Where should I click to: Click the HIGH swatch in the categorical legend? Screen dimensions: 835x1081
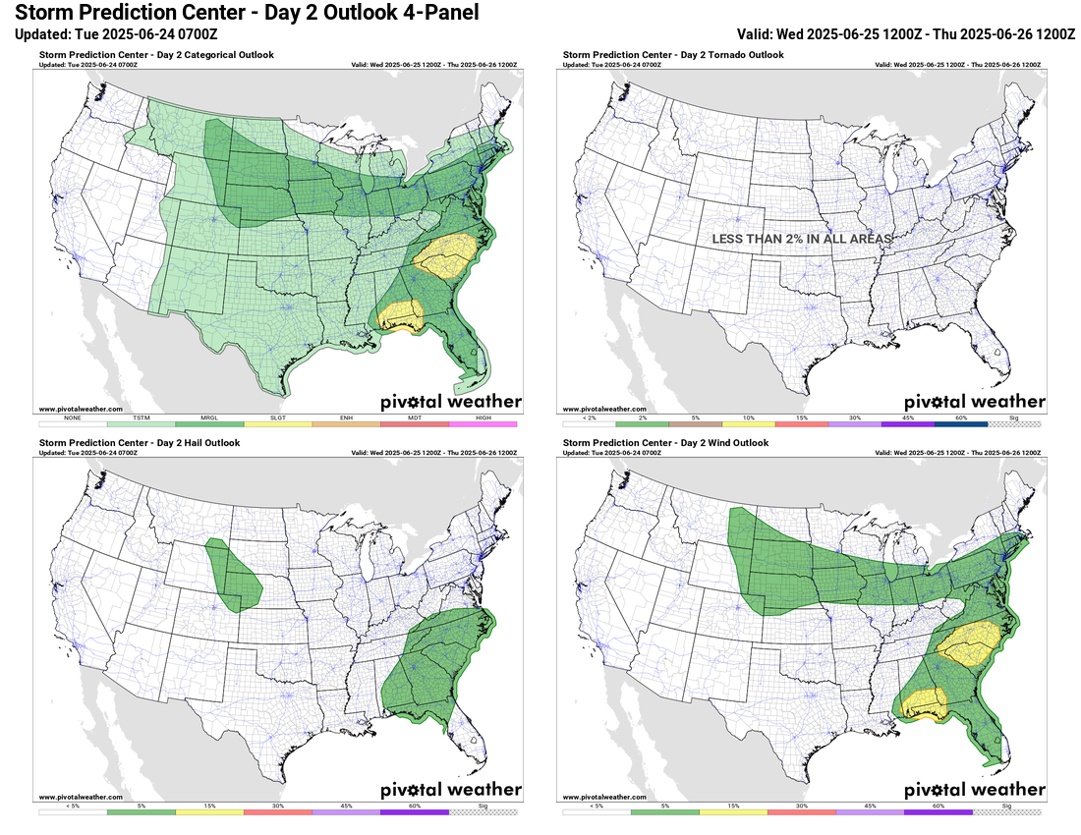[483, 424]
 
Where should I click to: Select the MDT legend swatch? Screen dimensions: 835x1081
[415, 424]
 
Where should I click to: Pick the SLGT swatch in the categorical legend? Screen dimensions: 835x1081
[278, 424]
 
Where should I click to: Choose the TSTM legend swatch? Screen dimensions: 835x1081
[142, 424]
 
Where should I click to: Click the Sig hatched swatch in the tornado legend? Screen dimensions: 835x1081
[1015, 424]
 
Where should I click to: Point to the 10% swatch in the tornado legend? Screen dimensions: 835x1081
[748, 424]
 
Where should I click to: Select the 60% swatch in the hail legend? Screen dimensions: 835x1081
[415, 812]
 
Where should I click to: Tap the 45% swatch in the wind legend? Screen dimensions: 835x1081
[870, 812]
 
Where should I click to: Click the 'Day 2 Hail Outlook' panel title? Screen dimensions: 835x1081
[140, 443]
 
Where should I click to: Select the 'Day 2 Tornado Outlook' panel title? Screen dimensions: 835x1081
[673, 55]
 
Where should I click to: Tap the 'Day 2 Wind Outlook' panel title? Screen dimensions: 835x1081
[664, 443]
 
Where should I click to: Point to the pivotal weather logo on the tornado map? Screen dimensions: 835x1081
[974, 401]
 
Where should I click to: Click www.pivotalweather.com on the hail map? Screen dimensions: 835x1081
[81, 797]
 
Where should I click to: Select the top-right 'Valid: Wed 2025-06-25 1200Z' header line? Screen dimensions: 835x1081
[905, 33]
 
